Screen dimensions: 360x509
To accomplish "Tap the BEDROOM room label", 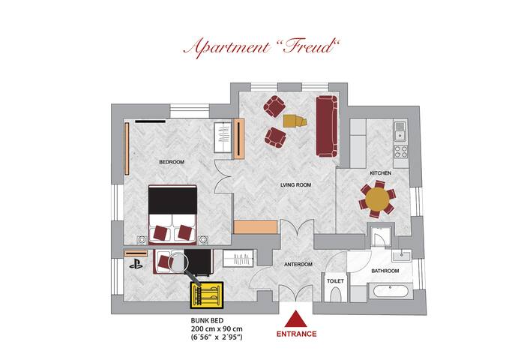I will point(171,162).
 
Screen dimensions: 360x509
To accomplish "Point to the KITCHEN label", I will point(380,173).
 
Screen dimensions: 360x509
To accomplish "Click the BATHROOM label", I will point(386,270).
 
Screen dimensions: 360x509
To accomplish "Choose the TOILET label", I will point(334,281).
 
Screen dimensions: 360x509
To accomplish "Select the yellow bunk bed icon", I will point(205,295).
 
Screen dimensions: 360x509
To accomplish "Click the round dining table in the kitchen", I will point(379,199).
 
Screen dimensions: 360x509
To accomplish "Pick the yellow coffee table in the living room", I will point(297,120).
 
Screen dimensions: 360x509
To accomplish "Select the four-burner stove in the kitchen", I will point(400,150).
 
